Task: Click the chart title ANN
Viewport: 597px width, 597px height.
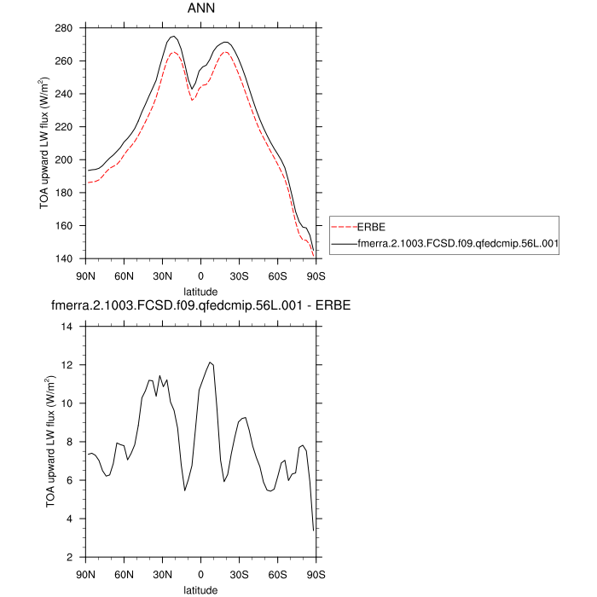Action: [200, 9]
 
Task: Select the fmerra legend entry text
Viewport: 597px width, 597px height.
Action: [456, 243]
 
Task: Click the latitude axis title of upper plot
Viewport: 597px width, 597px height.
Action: [200, 291]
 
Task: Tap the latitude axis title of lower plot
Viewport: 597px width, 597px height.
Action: [200, 588]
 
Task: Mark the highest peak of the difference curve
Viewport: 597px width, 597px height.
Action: [209, 362]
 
